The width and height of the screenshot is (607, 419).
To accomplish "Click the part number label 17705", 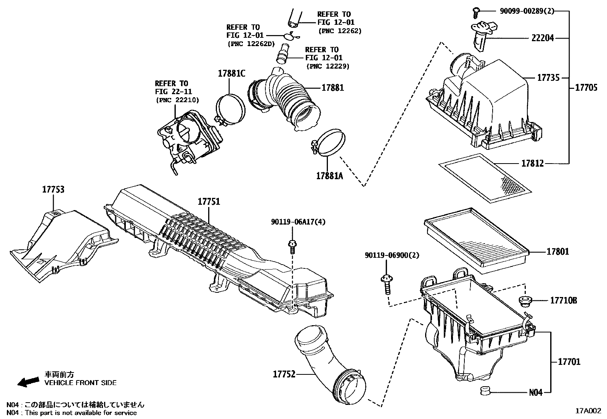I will click(x=586, y=88).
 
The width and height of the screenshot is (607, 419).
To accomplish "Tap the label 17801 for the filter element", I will click(x=557, y=252).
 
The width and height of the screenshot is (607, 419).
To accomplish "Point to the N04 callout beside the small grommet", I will click(x=535, y=392).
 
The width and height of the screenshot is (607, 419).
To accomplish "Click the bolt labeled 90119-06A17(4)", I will click(x=292, y=246).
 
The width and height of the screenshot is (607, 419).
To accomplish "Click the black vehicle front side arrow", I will click(x=28, y=381).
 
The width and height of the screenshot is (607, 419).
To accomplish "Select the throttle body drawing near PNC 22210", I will click(x=187, y=137).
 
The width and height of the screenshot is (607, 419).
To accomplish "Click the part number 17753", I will click(x=53, y=189).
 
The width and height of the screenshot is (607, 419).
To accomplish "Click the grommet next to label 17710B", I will click(x=526, y=300).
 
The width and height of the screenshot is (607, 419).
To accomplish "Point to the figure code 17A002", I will click(x=588, y=411).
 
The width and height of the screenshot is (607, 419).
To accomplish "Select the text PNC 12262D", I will click(x=251, y=44).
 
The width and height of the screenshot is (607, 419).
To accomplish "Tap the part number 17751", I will click(x=209, y=202).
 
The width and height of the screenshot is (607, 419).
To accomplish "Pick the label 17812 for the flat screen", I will click(x=533, y=164).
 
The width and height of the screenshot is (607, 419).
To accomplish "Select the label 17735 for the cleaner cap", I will click(x=548, y=78).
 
